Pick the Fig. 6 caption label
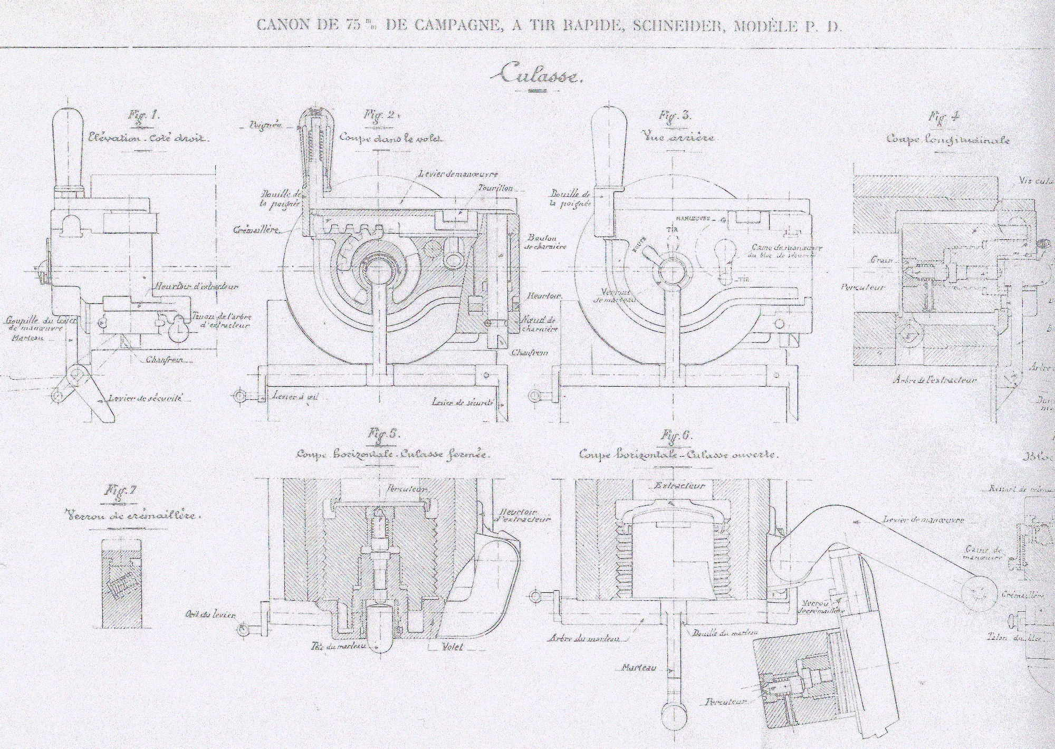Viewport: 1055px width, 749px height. (677, 436)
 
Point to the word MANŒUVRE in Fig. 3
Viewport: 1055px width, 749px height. (691, 218)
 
